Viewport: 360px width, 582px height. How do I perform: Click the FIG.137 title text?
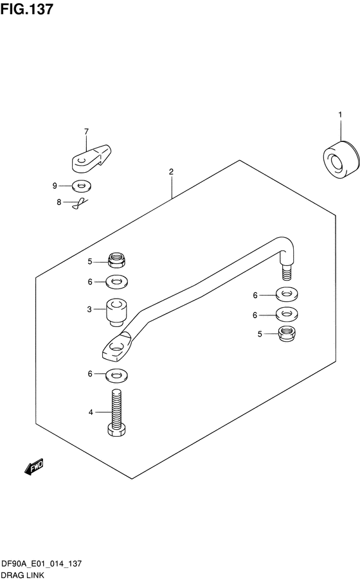27,9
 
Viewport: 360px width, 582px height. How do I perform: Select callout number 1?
340,115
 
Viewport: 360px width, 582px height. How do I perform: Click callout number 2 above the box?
171,172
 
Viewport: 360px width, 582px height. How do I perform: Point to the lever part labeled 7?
91,159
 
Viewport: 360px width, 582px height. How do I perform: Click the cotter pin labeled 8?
80,203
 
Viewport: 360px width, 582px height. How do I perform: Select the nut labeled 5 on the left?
116,260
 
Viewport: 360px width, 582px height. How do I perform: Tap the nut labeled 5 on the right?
287,333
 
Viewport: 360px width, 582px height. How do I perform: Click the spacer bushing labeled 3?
116,312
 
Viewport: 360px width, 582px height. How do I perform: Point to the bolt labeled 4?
116,412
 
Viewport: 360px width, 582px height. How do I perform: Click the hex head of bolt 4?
116,430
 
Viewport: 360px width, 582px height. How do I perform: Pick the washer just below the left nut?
116,282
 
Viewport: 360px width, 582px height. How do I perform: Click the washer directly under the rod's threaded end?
287,295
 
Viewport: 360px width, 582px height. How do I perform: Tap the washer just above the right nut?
287,315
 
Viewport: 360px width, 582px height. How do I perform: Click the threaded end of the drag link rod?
287,272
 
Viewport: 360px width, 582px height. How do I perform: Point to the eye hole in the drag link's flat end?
116,348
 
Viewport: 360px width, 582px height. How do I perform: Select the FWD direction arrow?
34,466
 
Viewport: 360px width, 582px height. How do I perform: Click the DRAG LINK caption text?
22,576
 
